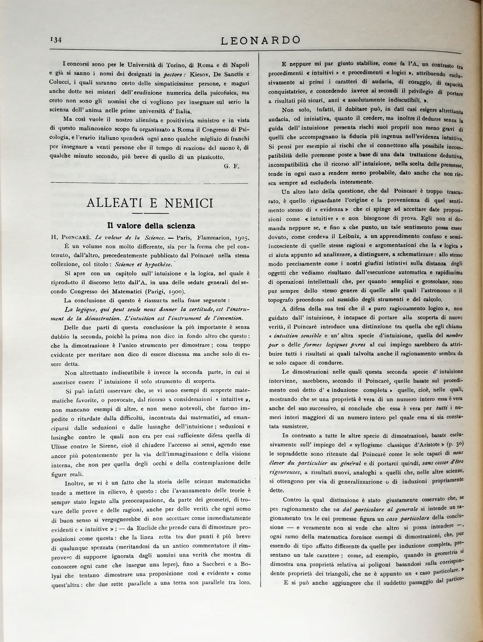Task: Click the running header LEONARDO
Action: [260, 40]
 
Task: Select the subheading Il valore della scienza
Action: [151, 226]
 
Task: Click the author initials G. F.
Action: [231, 166]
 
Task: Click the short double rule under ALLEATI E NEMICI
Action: [150, 214]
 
